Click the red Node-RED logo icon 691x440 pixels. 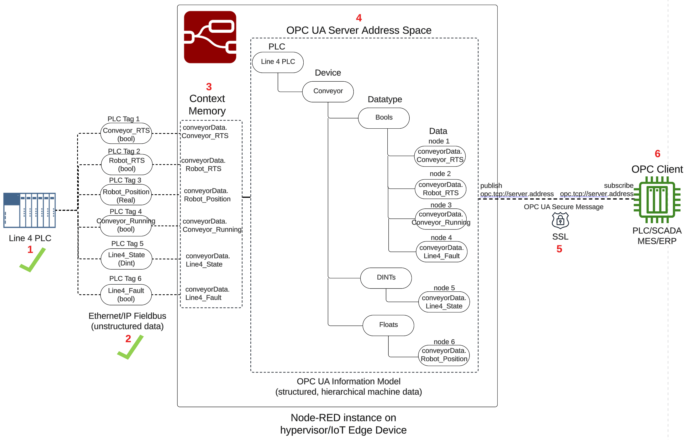[210, 37]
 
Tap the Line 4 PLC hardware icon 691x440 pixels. [29, 210]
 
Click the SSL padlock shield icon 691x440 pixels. [560, 221]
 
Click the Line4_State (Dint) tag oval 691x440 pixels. [126, 259]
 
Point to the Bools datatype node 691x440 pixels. [383, 118]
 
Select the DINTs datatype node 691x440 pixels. [386, 277]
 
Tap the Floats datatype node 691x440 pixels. [388, 325]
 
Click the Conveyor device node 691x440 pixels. [328, 91]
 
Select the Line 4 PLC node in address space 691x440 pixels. [277, 62]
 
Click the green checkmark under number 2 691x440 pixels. [131, 348]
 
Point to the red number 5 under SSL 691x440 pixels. [559, 249]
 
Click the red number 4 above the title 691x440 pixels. [358, 18]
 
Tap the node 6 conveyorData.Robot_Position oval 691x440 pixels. [444, 355]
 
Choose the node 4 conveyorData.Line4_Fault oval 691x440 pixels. [441, 252]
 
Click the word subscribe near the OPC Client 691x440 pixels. [618, 185]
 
